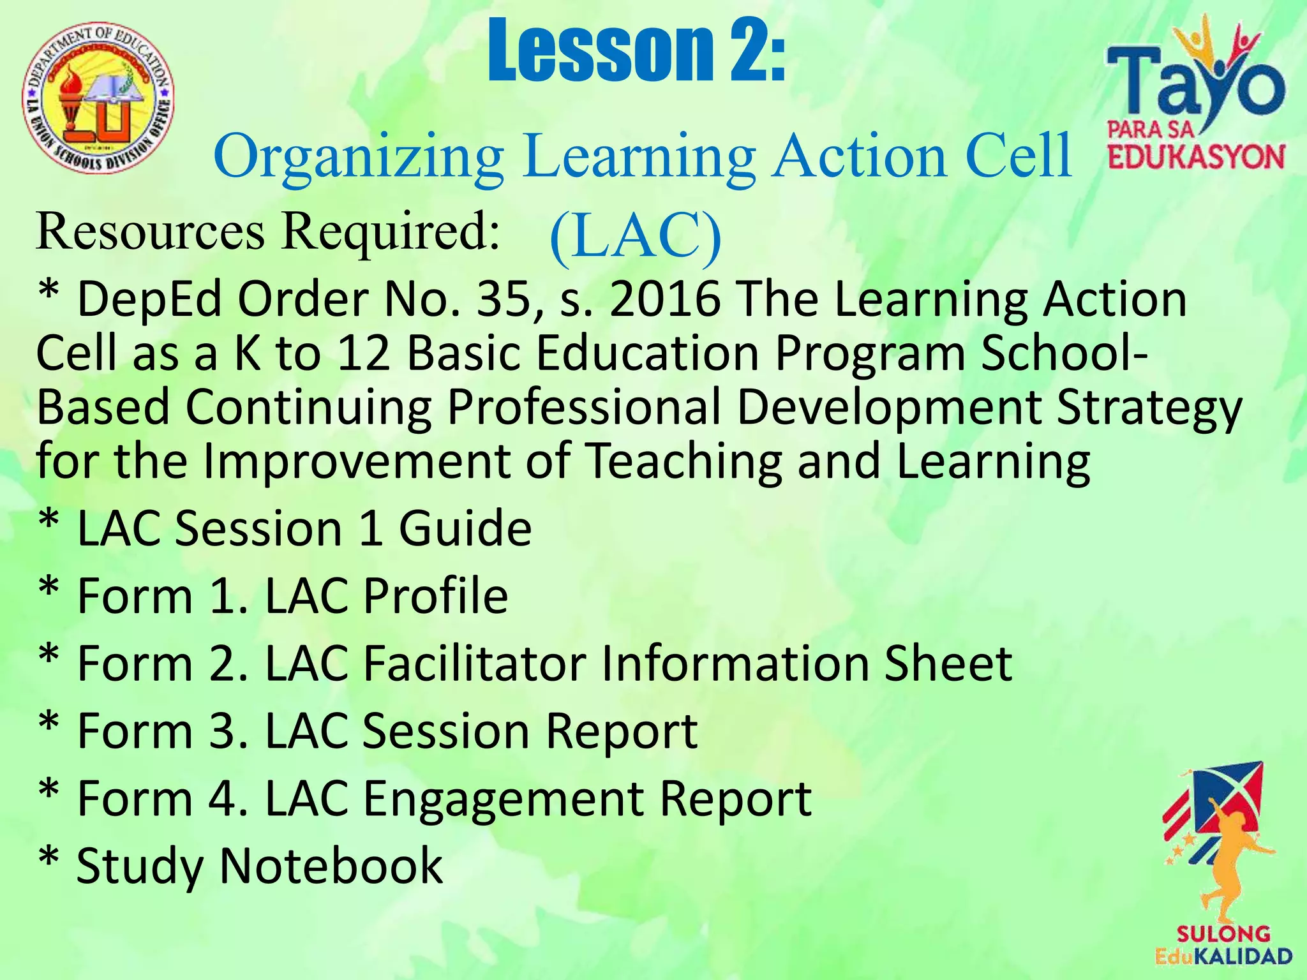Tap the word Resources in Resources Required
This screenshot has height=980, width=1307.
tap(150, 231)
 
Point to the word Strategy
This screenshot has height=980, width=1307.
tap(1149, 408)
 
